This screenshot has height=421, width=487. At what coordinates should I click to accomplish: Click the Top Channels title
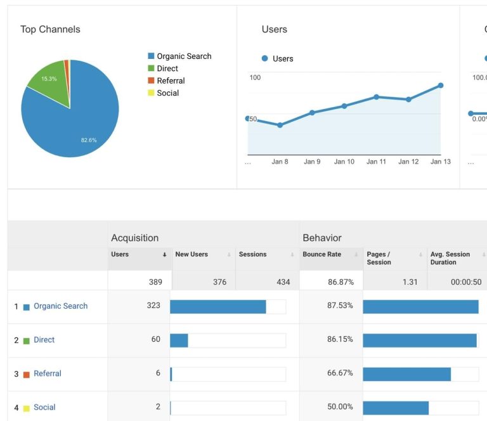(50, 29)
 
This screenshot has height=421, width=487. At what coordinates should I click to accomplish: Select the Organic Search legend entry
(184, 56)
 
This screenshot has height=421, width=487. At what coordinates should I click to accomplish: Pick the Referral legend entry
(171, 81)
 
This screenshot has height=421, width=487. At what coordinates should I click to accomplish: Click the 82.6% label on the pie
(89, 140)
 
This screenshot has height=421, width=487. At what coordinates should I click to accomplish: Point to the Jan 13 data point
(440, 85)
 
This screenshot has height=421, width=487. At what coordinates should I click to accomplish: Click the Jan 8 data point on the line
(280, 125)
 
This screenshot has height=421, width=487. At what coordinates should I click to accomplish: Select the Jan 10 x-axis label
(344, 162)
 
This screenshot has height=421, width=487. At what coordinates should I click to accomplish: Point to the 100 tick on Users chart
(255, 77)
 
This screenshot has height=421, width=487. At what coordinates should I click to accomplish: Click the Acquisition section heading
(134, 238)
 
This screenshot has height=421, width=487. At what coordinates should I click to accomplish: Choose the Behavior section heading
(322, 238)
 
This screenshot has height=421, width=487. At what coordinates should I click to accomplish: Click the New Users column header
(192, 254)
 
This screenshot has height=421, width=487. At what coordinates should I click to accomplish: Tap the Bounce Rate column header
(321, 254)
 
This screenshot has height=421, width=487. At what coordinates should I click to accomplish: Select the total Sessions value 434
(283, 282)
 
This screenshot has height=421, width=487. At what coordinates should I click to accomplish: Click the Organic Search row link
(60, 306)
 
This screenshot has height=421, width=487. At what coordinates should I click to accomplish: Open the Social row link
(44, 407)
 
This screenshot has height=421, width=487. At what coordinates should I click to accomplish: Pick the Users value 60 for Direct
(155, 339)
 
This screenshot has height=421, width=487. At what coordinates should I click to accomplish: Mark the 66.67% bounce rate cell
(340, 373)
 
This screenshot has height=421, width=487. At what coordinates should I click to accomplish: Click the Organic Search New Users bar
(218, 307)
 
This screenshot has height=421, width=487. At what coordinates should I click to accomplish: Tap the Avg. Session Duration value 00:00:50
(466, 282)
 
